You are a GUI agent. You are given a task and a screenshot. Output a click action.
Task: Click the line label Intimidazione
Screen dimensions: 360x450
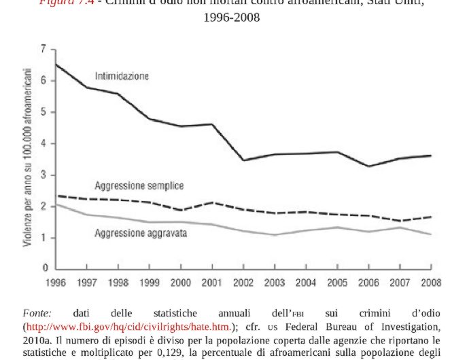coord(122,77)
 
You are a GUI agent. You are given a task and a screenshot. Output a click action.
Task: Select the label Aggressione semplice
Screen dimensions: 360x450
coord(139,185)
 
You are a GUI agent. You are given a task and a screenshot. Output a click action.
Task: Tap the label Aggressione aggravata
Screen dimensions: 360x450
coord(141,233)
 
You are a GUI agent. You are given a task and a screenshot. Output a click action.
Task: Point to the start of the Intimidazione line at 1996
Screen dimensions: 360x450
coord(56,65)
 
